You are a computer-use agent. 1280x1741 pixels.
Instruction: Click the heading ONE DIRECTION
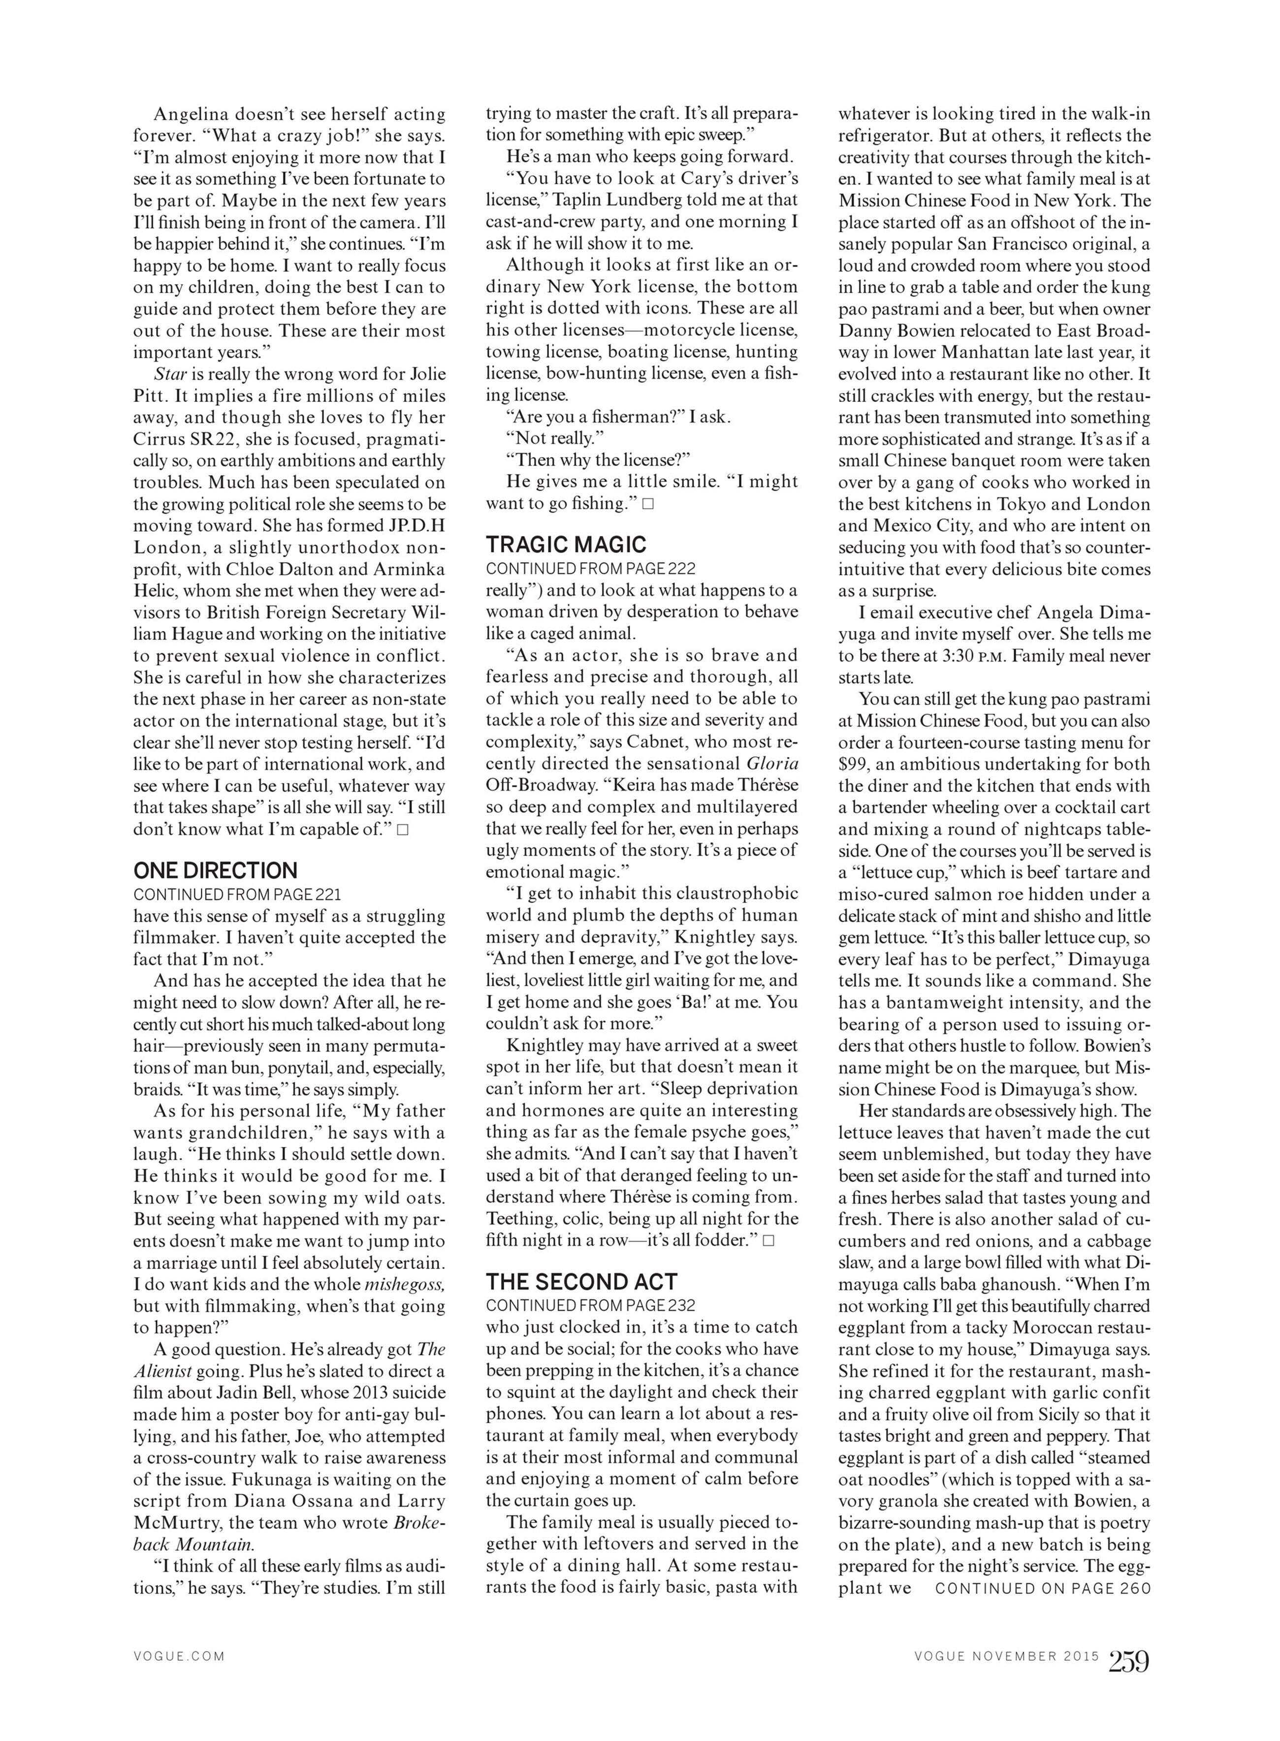[x=216, y=870]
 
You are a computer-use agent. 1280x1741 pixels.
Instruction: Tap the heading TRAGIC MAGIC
[x=566, y=544]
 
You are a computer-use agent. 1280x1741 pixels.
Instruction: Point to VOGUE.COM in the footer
[x=179, y=1656]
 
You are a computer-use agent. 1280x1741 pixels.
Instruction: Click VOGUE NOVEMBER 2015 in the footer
[x=1006, y=1656]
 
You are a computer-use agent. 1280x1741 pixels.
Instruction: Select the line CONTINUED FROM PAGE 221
[x=237, y=894]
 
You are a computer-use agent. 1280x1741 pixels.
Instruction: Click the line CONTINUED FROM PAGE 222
[x=590, y=568]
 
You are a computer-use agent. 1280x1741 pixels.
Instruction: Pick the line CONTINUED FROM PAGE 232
[x=590, y=1306]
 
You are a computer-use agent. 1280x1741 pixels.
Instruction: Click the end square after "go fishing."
[x=648, y=504]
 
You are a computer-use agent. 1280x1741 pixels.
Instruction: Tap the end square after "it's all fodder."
[x=768, y=1241]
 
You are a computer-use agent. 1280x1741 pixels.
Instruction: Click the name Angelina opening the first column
[x=189, y=114]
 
